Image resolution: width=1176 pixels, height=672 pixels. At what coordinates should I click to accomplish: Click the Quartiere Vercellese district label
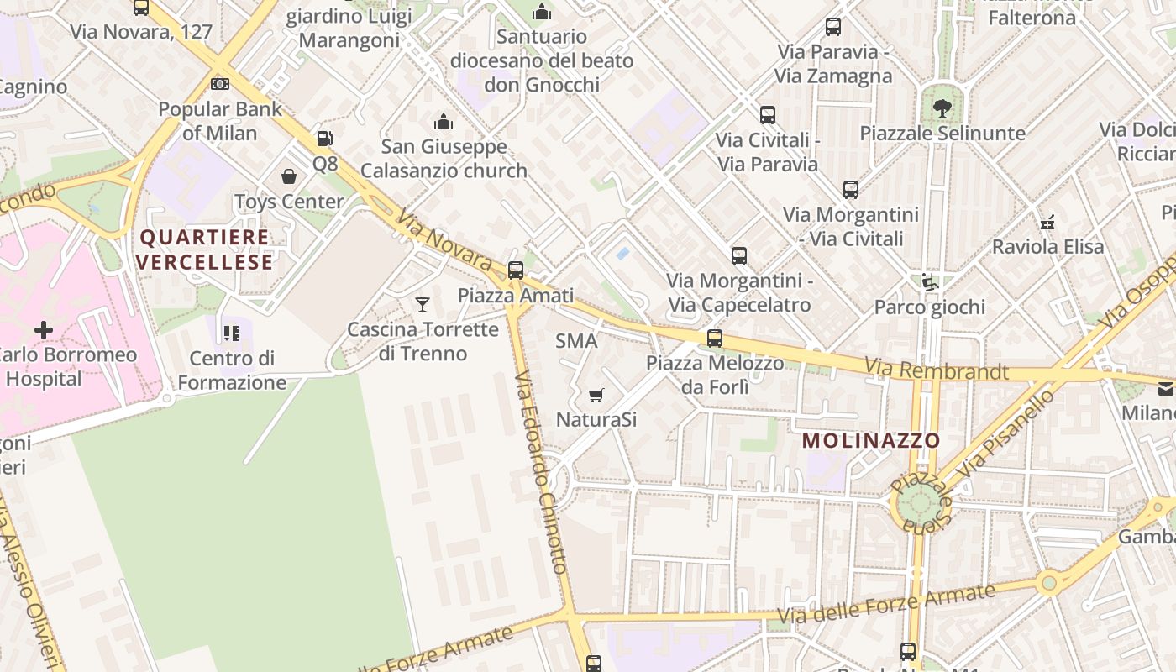tap(205, 249)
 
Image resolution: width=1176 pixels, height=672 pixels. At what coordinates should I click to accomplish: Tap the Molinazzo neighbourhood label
tap(870, 440)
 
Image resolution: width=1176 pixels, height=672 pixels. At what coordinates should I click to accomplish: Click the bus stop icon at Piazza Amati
tap(516, 270)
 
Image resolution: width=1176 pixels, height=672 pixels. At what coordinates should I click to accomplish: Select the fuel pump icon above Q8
tap(324, 139)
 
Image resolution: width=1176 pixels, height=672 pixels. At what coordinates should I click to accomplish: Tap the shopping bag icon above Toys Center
tap(289, 176)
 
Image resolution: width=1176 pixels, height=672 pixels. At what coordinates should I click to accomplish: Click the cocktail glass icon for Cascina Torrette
tap(423, 304)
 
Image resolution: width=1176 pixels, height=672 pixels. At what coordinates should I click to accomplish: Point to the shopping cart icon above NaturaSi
tap(596, 395)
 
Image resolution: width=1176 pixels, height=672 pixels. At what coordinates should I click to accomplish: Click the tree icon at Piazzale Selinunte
tap(942, 108)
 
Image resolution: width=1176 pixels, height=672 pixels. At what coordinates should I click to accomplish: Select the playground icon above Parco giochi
tap(929, 282)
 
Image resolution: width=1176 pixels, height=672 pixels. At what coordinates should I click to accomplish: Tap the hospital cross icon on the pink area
tap(43, 330)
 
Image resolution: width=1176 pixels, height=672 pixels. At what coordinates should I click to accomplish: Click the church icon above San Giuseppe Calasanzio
tap(444, 122)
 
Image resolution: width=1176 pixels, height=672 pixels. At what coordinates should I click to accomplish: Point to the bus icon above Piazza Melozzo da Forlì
tap(714, 339)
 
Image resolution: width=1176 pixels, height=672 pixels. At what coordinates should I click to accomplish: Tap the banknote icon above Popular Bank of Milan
tap(220, 84)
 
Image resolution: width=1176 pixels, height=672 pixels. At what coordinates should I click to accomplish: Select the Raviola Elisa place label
tap(1047, 247)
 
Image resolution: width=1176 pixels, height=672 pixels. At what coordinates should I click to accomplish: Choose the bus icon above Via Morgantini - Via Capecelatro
tap(739, 256)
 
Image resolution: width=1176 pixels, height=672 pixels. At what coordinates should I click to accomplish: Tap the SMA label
tap(576, 341)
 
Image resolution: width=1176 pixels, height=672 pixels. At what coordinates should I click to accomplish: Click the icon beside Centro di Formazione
tap(232, 333)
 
